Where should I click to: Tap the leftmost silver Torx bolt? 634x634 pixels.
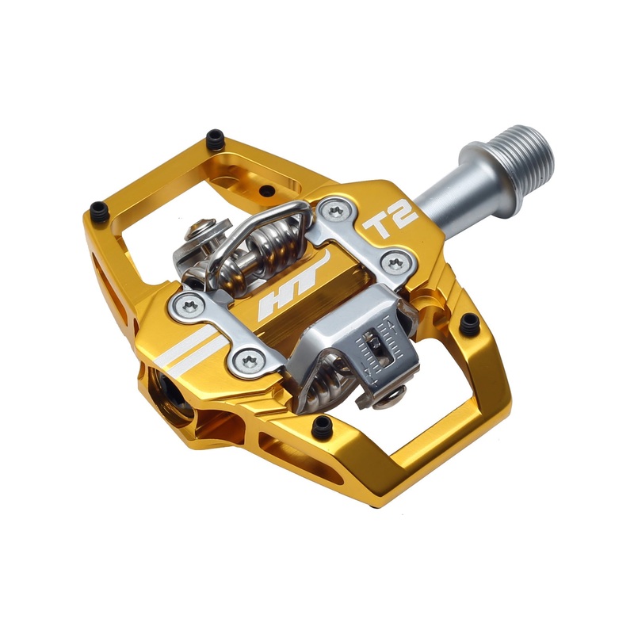[189, 304]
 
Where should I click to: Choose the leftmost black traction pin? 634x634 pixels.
[98, 211]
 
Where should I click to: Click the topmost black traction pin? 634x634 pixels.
[215, 140]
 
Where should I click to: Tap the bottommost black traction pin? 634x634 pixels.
[322, 426]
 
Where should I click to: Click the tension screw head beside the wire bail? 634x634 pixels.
[199, 235]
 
